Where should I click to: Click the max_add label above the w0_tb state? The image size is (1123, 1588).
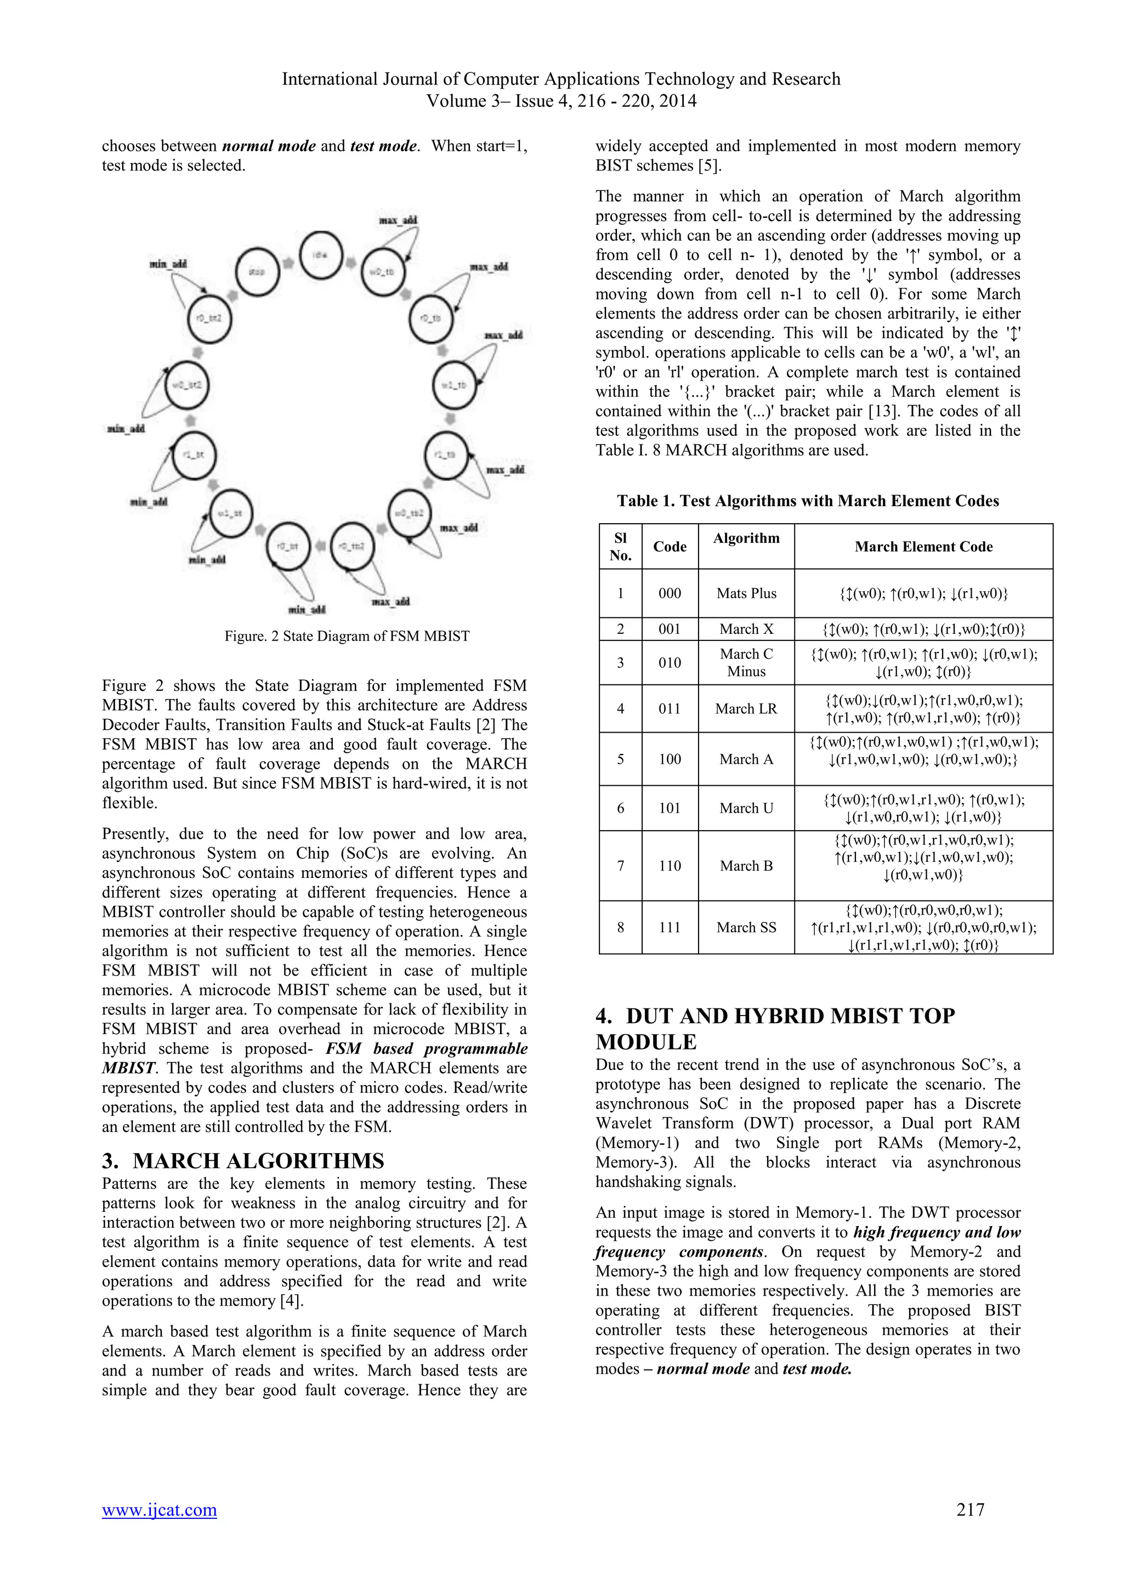[398, 220]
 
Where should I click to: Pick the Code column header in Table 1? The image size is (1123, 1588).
[670, 546]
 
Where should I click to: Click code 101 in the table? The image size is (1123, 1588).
[670, 808]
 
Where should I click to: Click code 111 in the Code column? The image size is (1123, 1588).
[670, 927]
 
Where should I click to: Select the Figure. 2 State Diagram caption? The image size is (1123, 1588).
[347, 636]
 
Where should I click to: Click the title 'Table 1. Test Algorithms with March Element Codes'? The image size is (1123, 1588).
[808, 501]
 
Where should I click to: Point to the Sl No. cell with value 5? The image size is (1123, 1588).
[620, 759]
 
